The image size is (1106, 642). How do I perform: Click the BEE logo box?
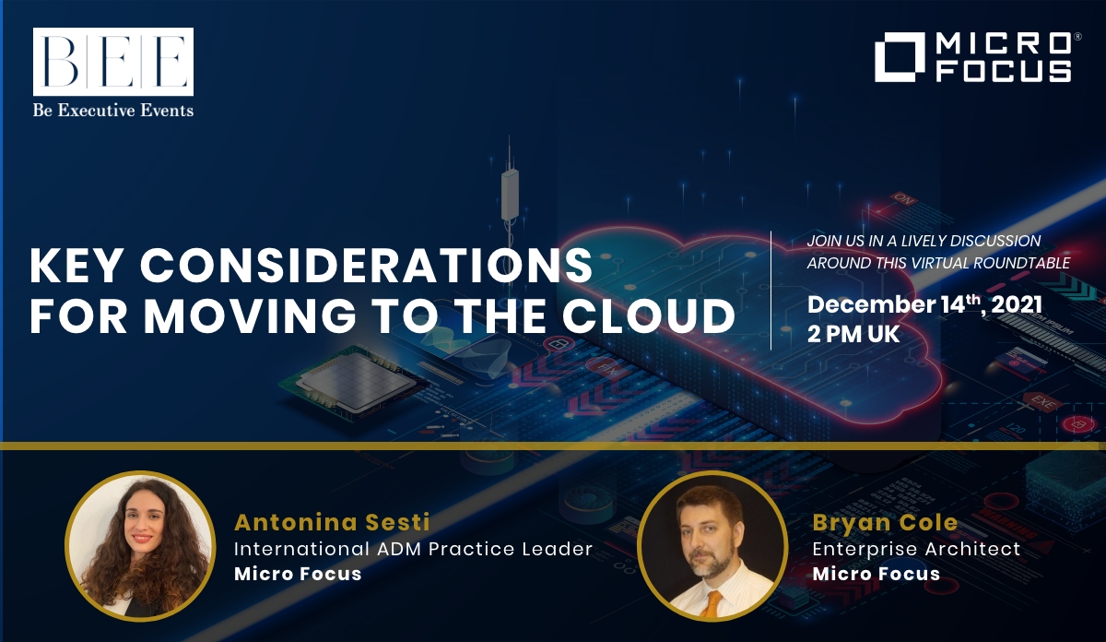coord(113,62)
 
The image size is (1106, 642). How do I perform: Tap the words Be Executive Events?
coord(113,110)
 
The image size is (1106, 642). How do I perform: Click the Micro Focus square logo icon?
coord(900,57)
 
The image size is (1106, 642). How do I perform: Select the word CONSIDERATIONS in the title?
coord(366,266)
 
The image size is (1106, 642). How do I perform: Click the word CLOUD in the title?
coord(649,315)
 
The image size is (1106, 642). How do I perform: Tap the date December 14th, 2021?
coord(924,304)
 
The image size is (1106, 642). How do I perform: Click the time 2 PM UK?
coord(853,335)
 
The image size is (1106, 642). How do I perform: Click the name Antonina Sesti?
coord(332,522)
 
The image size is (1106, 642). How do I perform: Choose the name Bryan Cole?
coord(885,522)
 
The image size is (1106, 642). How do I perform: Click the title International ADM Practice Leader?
coord(413,549)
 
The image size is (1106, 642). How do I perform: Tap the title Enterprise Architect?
coord(916,549)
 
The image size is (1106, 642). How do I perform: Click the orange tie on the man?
coord(711,604)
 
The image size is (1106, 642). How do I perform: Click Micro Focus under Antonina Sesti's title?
coord(298,574)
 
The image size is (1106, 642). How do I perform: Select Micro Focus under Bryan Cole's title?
coord(876,574)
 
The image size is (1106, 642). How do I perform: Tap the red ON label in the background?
coord(903,199)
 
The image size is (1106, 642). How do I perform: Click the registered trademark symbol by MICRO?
coord(1077,37)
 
